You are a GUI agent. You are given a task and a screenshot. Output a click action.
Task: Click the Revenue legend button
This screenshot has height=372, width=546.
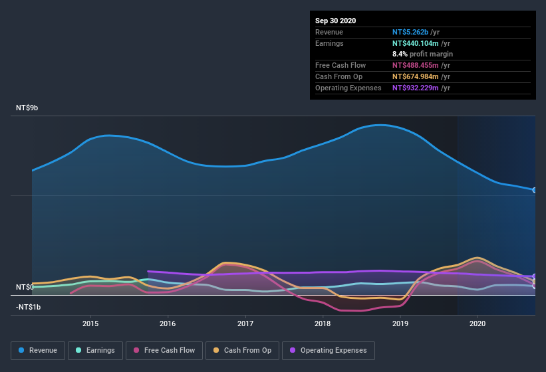click(37, 350)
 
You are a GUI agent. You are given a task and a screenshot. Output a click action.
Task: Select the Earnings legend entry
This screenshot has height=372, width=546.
click(94, 350)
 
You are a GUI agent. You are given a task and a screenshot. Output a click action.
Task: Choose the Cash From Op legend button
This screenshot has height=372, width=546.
click(243, 350)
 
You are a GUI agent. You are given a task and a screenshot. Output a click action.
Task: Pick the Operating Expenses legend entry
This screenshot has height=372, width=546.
click(328, 350)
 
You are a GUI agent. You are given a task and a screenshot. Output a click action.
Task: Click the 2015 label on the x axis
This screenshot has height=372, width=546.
click(90, 324)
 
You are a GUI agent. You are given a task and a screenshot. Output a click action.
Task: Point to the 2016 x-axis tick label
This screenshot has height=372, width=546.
click(168, 324)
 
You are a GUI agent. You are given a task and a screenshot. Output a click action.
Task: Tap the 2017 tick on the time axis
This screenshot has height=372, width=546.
click(245, 324)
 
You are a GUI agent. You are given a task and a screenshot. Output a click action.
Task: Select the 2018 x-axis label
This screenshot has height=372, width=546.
click(323, 324)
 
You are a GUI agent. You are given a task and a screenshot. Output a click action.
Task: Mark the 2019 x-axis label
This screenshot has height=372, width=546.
click(400, 324)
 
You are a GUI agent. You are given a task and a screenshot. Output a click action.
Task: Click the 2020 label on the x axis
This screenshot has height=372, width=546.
click(478, 324)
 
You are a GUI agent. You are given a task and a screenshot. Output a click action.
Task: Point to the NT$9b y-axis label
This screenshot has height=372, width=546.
click(27, 108)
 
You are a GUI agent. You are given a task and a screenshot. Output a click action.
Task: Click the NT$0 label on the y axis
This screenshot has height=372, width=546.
click(25, 287)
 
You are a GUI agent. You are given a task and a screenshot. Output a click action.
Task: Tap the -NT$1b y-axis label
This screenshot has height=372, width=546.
click(29, 307)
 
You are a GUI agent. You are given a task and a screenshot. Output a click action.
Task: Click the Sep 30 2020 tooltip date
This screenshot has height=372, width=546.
click(335, 21)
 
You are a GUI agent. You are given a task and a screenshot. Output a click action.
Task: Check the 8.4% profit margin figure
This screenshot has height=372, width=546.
click(400, 54)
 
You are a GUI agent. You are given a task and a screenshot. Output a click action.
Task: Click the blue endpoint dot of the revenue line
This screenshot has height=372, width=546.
click(535, 190)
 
